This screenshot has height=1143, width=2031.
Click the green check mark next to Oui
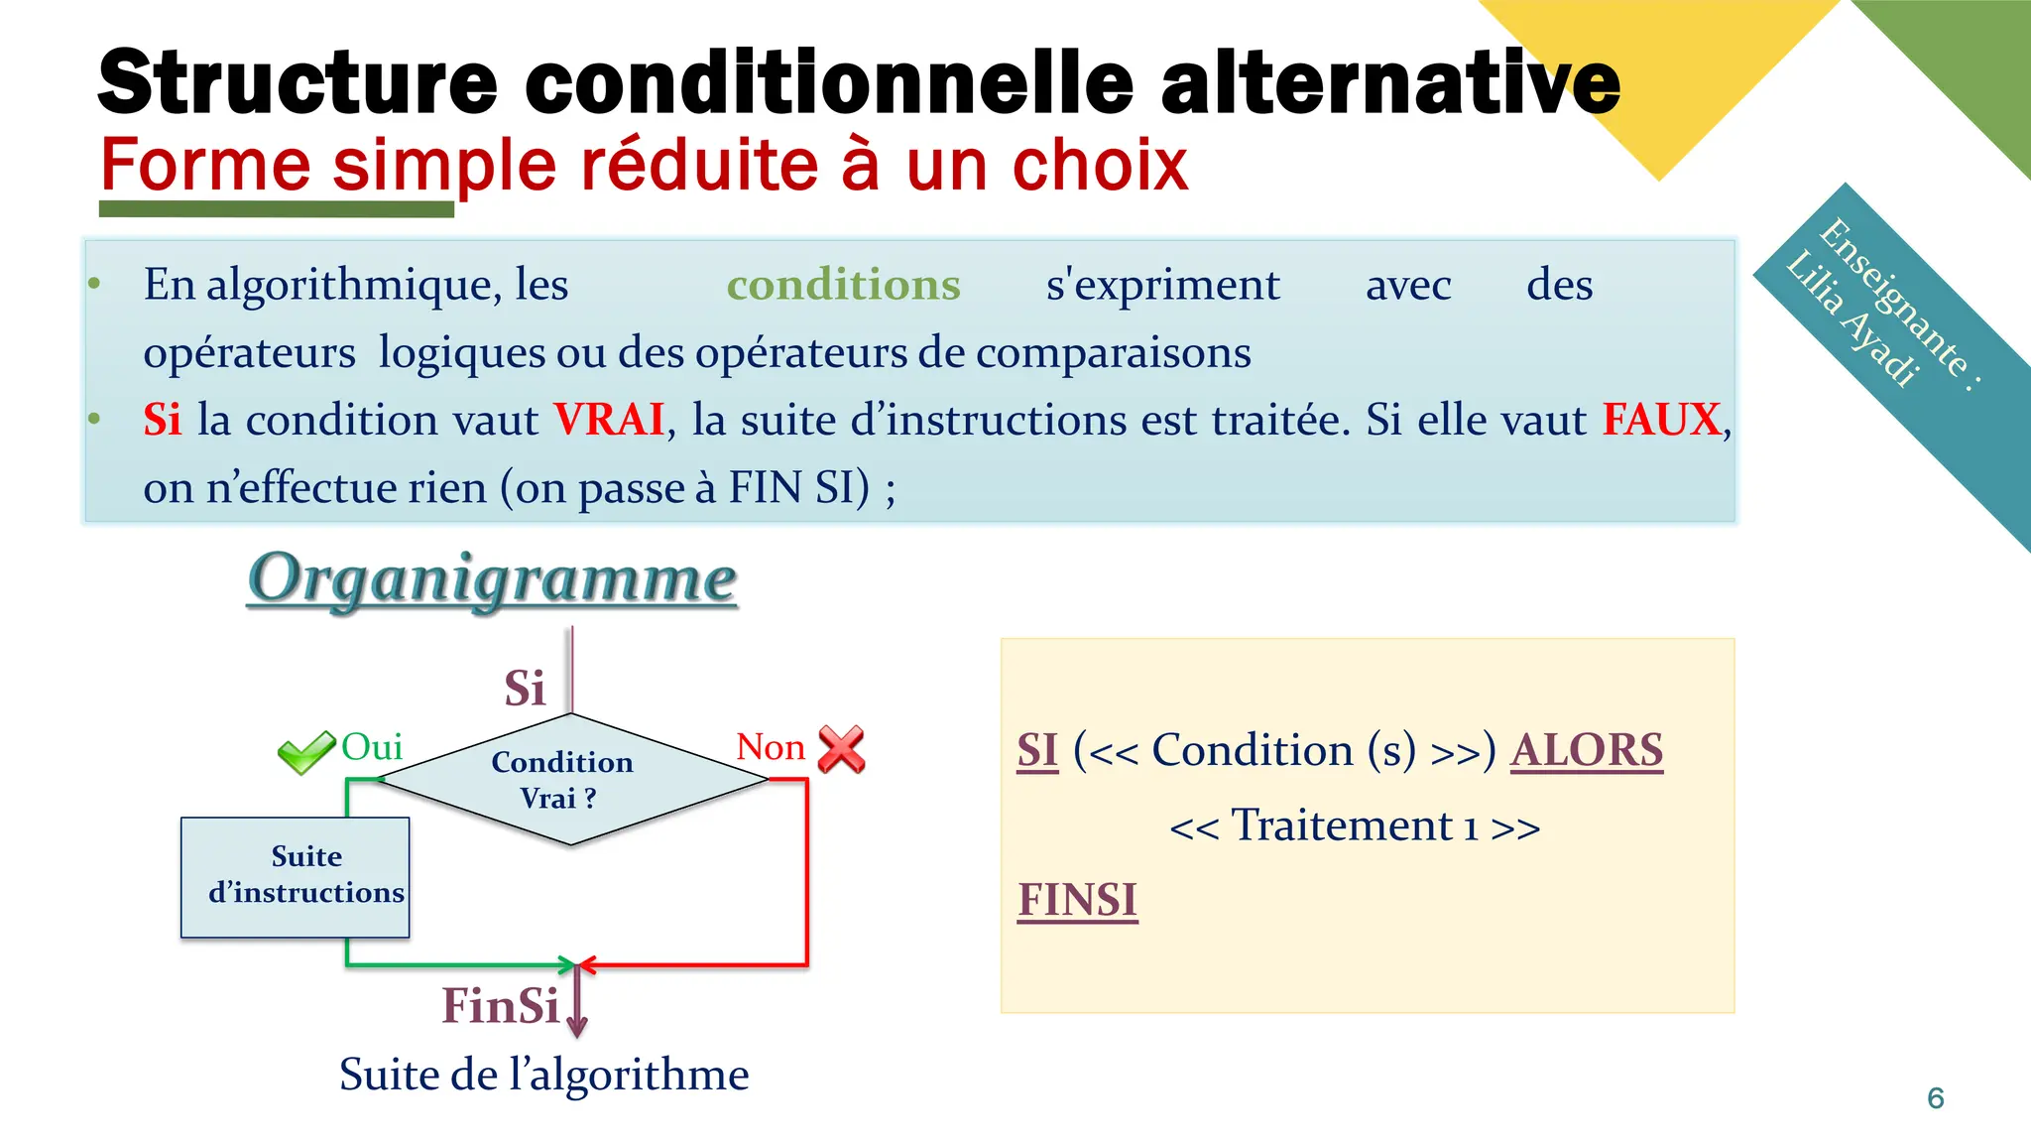[x=305, y=752]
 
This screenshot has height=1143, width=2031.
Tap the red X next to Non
[x=841, y=749]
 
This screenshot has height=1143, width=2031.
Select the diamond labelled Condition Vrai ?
[x=571, y=780]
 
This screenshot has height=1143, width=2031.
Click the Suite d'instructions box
[x=295, y=876]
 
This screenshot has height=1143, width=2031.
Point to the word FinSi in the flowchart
[x=501, y=1006]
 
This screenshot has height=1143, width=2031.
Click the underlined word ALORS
[x=1586, y=750]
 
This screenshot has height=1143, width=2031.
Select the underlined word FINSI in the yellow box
[x=1077, y=900]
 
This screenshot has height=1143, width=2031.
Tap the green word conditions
[x=843, y=285]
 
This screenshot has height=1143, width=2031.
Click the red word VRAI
[x=608, y=420]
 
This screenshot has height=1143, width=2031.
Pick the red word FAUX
[x=1661, y=420]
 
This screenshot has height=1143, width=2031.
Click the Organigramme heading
[x=492, y=578]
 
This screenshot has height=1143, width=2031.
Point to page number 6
[x=1935, y=1098]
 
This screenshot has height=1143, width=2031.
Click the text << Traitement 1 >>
[x=1355, y=825]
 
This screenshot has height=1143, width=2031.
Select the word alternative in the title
[x=1389, y=81]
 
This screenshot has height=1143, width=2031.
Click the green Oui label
[x=372, y=747]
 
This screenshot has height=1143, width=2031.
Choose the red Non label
[x=771, y=747]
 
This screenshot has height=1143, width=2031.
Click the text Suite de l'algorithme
[x=543, y=1075]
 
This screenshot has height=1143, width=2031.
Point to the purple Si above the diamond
[x=525, y=688]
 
